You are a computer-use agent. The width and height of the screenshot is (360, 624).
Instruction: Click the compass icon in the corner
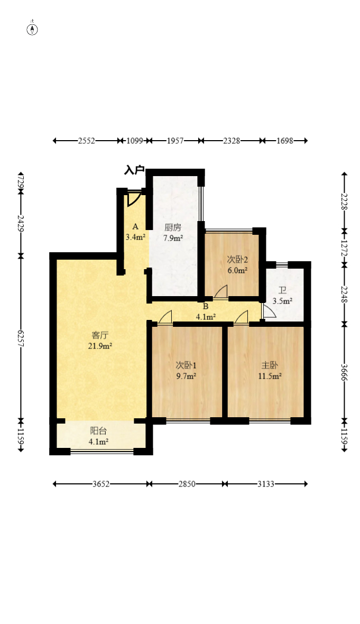pyautogui.click(x=32, y=29)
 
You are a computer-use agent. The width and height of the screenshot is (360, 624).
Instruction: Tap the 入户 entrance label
pyautogui.click(x=134, y=170)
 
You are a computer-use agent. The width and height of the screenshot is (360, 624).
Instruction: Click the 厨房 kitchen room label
pyautogui.click(x=173, y=227)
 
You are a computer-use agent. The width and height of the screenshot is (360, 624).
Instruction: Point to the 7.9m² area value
pyautogui.click(x=173, y=238)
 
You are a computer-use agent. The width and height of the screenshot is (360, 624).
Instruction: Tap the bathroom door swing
pyautogui.click(x=269, y=310)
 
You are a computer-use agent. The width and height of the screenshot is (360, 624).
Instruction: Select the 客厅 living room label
pyautogui.click(x=99, y=335)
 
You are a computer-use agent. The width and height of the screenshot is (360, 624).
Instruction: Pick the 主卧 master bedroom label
pyautogui.click(x=270, y=365)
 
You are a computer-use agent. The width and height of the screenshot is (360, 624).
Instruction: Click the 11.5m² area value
pyautogui.click(x=270, y=376)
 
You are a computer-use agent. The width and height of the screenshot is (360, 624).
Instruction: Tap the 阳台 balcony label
pyautogui.click(x=99, y=430)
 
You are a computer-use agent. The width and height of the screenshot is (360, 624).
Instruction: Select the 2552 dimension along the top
pyautogui.click(x=86, y=141)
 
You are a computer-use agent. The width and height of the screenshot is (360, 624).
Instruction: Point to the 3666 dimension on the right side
pyautogui.click(x=345, y=372)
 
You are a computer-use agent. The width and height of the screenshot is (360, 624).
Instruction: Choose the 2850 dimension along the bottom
pyautogui.click(x=187, y=484)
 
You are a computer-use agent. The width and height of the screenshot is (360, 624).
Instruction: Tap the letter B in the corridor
pyautogui.click(x=206, y=306)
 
